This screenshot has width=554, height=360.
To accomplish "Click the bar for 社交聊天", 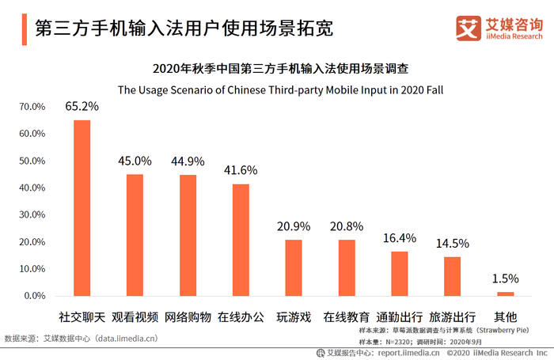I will click(82, 208).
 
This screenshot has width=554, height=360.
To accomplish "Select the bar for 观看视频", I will click(135, 235).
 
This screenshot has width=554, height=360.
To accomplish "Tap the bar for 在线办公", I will click(241, 240).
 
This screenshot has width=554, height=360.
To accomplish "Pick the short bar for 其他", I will click(505, 294).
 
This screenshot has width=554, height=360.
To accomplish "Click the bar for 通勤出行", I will click(400, 274).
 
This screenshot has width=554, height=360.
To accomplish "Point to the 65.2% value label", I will click(82, 106).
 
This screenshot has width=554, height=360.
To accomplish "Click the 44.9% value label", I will click(188, 161).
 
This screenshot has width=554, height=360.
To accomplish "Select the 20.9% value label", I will click(294, 226).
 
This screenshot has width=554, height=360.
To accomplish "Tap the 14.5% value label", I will click(452, 244).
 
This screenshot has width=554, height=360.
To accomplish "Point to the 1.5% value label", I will click(505, 279).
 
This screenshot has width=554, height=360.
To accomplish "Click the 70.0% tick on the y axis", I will click(32, 107).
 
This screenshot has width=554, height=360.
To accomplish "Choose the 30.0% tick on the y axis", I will click(32, 215).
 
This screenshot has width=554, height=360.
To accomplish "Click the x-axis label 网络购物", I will click(188, 316).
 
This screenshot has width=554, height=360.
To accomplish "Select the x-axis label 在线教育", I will click(347, 316).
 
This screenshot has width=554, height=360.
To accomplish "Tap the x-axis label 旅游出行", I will click(452, 316).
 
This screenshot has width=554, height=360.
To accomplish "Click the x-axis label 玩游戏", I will click(294, 316).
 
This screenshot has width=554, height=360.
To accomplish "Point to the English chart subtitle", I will click(280, 89).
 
